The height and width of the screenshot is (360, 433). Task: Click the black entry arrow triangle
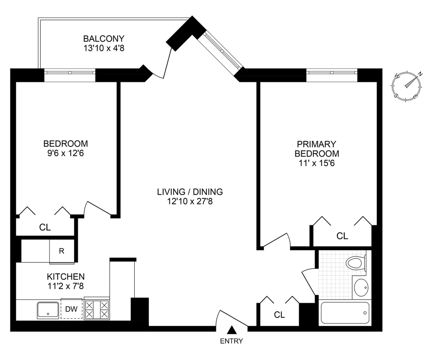(232, 330)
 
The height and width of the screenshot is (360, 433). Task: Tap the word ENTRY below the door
(232, 341)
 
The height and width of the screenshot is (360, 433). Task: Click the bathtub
(345, 313)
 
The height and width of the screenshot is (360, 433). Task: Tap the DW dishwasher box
(71, 309)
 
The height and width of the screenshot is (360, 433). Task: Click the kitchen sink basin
(48, 310)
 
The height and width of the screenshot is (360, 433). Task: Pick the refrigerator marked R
(62, 251)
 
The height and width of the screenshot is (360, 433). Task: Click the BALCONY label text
(104, 39)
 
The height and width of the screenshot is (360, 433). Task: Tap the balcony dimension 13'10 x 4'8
(104, 48)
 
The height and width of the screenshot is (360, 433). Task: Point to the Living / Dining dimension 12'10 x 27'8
(190, 201)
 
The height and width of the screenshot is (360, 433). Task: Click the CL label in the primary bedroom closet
(342, 236)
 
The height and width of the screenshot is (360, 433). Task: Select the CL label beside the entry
(279, 315)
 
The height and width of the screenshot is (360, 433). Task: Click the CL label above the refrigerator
(45, 228)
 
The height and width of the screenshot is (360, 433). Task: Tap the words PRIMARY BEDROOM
(317, 149)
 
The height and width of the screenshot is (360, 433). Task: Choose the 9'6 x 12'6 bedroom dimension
(66, 153)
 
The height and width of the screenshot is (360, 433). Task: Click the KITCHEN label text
(66, 277)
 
